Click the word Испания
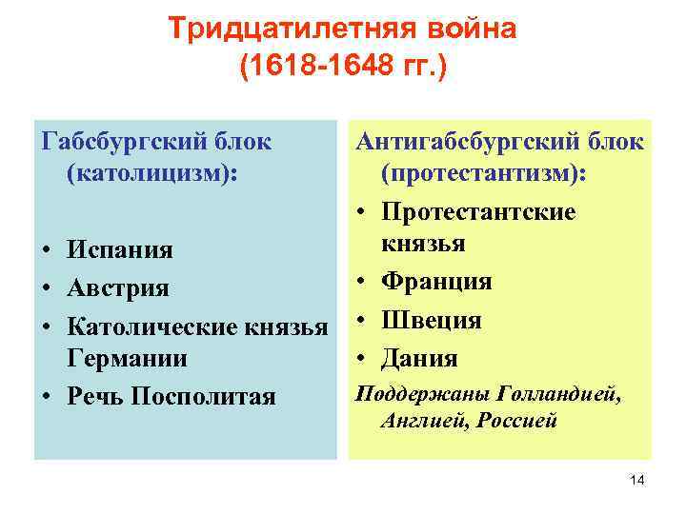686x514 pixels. point(119,250)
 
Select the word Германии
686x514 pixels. point(127,359)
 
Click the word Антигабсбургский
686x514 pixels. point(458,143)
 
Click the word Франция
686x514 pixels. point(436,282)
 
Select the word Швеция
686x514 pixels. point(431,320)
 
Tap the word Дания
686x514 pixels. point(419,358)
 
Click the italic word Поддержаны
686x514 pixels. point(411,393)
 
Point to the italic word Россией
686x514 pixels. point(521,420)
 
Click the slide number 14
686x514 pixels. point(637,481)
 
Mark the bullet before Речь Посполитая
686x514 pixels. point(47,397)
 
